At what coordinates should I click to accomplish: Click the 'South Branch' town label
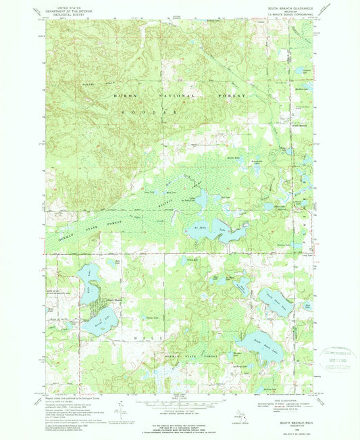click(299, 125)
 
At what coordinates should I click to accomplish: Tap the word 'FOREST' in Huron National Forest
click(230, 97)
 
